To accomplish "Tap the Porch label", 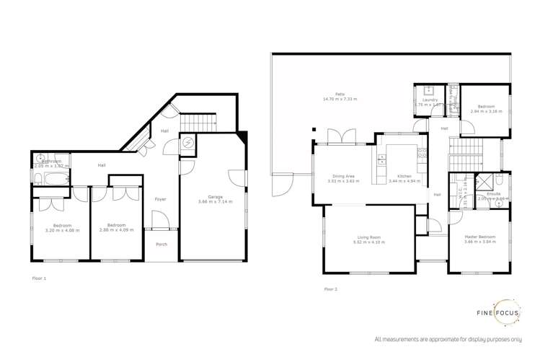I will pos(162,245).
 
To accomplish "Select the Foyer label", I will pos(162,198).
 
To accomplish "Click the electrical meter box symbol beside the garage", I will pos(187,143).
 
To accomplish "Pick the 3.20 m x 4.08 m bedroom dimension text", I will pos(61,229).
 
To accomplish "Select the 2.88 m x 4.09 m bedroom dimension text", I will pos(115,229).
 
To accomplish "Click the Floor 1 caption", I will pos(40,277).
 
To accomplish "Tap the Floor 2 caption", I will pos(330,289).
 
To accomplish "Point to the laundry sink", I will pos(428,91).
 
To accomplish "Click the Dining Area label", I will pos(343,176).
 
